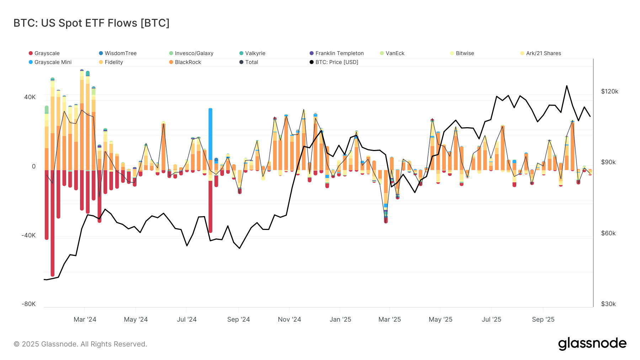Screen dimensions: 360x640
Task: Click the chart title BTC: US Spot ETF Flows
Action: [91, 23]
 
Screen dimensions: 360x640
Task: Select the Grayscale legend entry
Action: [47, 53]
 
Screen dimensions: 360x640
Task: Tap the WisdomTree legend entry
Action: [120, 53]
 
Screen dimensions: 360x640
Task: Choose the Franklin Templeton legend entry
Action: [339, 53]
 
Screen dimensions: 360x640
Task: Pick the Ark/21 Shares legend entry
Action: [543, 53]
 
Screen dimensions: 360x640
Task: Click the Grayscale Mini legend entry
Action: [53, 62]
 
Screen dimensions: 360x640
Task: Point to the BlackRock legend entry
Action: [188, 62]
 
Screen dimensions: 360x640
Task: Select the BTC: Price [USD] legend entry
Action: [336, 62]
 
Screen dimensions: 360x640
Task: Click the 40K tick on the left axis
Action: [30, 97]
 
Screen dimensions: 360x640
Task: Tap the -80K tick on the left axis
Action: [28, 304]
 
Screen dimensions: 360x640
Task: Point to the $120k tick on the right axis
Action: [609, 91]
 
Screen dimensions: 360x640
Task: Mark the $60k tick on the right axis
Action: [608, 233]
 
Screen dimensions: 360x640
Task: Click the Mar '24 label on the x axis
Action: [85, 319]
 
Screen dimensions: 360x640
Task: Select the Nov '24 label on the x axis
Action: [289, 319]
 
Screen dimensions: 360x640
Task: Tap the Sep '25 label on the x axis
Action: [543, 319]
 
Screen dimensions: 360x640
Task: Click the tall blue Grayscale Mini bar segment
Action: [210, 133]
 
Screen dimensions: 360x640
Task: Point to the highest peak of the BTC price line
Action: [566, 86]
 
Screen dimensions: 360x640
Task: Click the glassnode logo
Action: [592, 344]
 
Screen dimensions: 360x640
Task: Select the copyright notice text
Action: [80, 344]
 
